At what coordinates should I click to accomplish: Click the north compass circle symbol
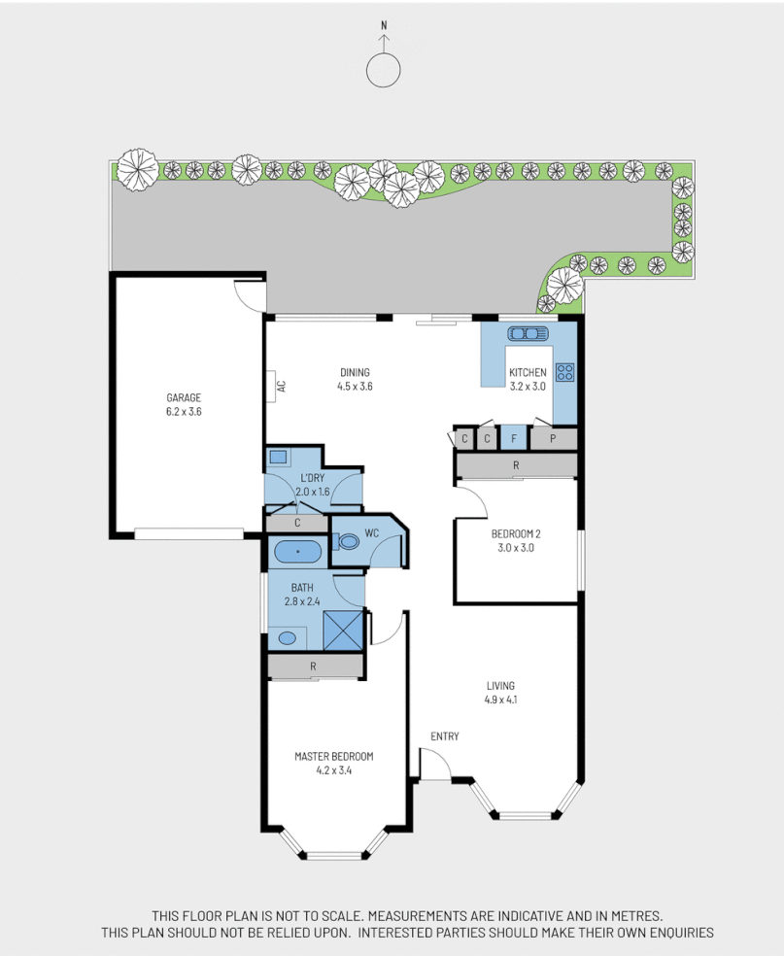(384, 69)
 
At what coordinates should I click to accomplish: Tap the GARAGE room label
(183, 397)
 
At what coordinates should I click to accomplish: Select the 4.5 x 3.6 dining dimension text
(355, 386)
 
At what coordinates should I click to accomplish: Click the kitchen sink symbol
(528, 333)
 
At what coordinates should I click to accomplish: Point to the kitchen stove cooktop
(564, 371)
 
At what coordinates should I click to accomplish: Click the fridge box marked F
(513, 438)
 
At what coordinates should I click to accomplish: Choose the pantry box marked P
(553, 438)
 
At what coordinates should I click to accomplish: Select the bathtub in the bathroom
(297, 552)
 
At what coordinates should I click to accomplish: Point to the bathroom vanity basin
(287, 638)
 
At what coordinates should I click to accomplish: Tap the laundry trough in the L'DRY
(278, 457)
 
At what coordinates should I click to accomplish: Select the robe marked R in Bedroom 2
(516, 466)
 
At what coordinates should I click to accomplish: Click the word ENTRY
(445, 736)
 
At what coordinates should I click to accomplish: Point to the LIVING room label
(500, 685)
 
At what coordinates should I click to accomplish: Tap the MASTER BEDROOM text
(333, 757)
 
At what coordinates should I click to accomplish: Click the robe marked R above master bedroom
(314, 666)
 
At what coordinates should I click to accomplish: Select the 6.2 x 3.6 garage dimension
(183, 411)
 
